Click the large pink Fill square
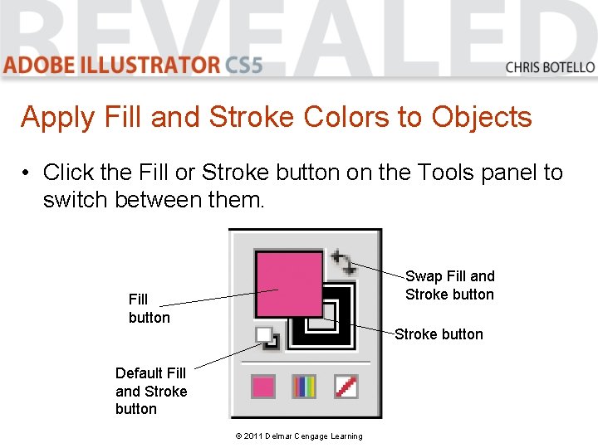point(289,284)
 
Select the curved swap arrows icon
point(344,262)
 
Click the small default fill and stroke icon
point(267,338)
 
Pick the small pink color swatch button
point(263,387)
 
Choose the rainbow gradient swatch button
point(304,387)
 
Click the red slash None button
point(346,387)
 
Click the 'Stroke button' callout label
point(439,334)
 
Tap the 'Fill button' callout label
point(149,308)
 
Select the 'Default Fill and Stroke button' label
point(151,391)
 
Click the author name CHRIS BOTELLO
point(550,67)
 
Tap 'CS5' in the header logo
point(243,65)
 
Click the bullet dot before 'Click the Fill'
point(26,173)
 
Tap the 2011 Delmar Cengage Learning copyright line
point(299,436)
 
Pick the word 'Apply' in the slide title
point(58,118)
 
